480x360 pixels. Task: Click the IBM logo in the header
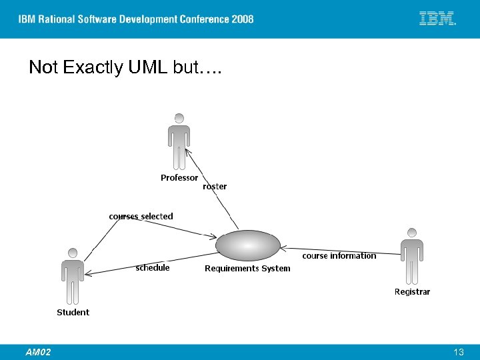tap(437, 19)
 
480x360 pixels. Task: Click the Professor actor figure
tap(179, 142)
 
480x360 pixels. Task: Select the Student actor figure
tap(72, 277)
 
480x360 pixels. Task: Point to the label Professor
tap(179, 178)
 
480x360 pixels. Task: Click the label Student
tap(73, 312)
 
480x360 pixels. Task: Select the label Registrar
tap(412, 291)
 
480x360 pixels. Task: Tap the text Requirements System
tap(247, 269)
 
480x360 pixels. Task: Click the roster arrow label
tap(215, 187)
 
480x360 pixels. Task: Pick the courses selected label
tap(141, 217)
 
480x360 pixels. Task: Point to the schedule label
tap(153, 268)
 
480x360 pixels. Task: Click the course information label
tap(339, 256)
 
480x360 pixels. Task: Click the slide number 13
tap(458, 352)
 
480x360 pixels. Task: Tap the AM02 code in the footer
tap(38, 352)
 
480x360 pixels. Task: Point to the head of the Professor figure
tap(179, 118)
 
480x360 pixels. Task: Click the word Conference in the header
tap(201, 19)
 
